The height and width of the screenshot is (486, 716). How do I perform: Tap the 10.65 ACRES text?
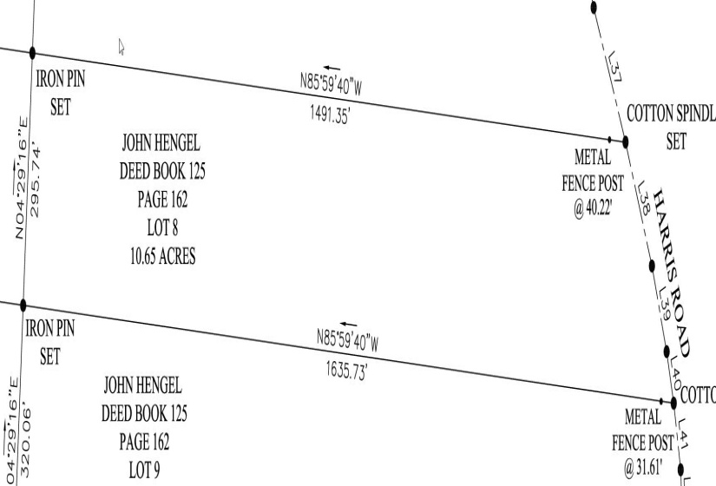pos(158,258)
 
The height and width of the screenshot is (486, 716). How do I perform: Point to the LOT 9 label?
pos(144,470)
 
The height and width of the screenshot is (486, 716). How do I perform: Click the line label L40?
pos(676,378)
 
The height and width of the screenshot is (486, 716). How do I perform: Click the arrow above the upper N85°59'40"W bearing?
pos(331,66)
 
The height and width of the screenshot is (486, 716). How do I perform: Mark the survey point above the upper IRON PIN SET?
pos(33,55)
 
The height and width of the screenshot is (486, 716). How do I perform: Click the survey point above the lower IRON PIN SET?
pos(23,305)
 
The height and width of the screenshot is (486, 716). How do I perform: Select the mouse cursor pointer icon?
pos(122,46)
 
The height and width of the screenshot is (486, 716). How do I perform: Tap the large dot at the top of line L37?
pos(594,7)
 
